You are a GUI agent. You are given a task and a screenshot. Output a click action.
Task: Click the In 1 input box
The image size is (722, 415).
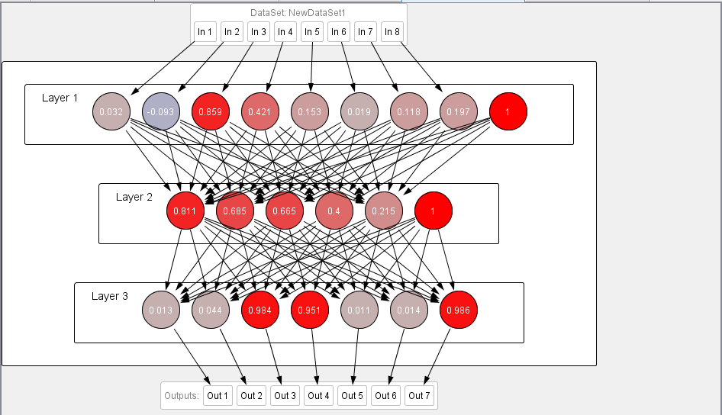205,32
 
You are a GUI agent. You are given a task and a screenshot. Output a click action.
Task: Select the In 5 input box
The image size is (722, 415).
311,32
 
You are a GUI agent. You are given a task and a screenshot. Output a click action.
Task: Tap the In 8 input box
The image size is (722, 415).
392,32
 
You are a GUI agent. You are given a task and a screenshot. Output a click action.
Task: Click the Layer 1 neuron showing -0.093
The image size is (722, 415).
161,111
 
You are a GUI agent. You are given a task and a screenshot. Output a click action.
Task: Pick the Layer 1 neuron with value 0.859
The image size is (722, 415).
211,111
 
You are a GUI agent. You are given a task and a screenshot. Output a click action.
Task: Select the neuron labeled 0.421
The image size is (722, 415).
260,111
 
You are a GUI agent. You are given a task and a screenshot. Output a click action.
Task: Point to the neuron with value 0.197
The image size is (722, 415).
459,111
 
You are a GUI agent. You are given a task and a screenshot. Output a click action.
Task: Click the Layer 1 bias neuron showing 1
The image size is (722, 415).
508,111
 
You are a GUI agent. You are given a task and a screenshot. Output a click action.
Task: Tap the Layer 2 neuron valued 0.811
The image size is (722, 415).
185,211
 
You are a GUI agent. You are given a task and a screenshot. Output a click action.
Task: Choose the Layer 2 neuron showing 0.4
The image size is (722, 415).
334,211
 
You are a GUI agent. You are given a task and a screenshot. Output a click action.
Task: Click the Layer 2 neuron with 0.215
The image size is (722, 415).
384,211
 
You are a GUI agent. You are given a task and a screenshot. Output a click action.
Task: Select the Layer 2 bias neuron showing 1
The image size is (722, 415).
433,211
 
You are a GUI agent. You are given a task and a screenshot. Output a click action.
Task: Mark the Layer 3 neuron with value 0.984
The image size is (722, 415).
260,310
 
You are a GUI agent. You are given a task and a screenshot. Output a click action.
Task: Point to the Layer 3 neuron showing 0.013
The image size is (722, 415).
161,310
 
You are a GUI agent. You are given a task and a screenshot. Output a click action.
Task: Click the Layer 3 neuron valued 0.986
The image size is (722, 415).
459,310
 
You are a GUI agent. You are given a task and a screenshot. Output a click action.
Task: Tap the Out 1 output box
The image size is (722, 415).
218,395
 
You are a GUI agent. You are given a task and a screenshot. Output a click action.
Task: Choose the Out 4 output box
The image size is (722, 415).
318,395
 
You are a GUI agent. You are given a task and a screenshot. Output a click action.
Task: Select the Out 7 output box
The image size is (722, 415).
419,395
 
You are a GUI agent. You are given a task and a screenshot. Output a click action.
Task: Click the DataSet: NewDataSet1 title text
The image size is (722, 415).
298,13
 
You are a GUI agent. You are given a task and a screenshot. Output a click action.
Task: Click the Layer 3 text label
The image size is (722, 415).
110,296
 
